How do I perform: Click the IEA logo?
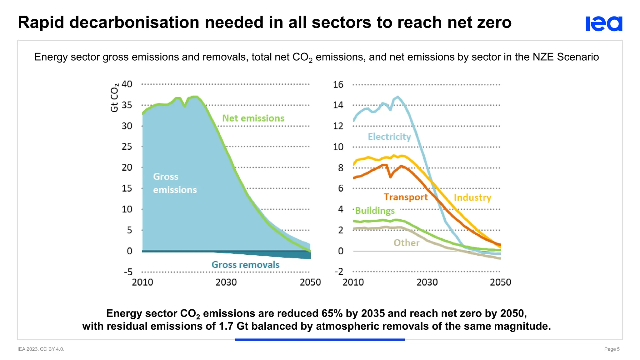click(604, 24)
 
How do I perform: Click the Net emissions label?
click(253, 118)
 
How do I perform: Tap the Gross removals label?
click(245, 265)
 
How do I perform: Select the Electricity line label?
click(389, 137)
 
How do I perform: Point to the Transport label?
click(405, 197)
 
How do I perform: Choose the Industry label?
click(472, 197)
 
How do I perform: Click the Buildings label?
click(375, 211)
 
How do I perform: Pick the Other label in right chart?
click(406, 243)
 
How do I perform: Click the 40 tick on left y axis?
click(127, 84)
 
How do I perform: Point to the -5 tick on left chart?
click(128, 272)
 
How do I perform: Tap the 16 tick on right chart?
click(338, 84)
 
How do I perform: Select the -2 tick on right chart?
click(339, 271)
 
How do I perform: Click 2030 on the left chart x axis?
click(226, 282)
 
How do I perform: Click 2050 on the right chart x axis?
click(500, 282)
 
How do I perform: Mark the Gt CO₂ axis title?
click(114, 97)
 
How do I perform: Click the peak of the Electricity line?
click(397, 97)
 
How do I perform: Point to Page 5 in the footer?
click(612, 349)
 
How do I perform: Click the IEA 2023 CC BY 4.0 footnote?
click(41, 349)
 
